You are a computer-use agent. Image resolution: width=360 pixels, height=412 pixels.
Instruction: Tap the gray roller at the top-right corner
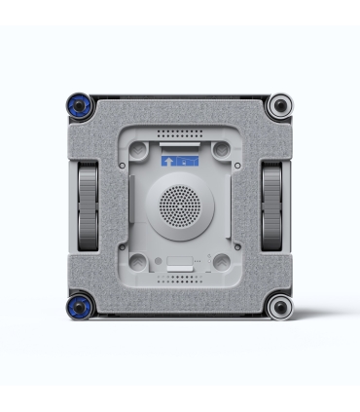tap(280, 104)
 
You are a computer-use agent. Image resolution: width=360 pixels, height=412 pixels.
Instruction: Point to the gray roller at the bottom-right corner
tap(280, 308)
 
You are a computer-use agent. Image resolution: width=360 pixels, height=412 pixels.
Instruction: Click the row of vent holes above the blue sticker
tap(179, 131)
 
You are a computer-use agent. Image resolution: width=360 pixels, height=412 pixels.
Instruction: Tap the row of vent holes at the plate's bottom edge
tap(179, 279)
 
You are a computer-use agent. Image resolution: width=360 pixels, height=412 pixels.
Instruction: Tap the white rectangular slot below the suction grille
tap(179, 263)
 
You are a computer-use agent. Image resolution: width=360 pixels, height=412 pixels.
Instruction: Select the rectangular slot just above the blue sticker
tap(179, 143)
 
